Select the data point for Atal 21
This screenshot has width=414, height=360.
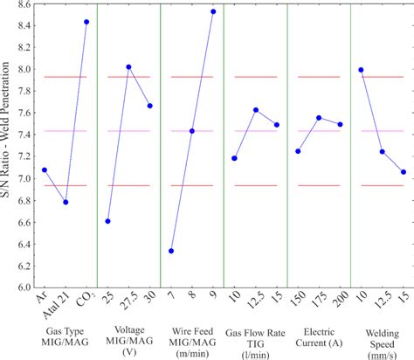click(x=66, y=202)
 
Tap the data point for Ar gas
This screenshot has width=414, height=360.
click(x=45, y=170)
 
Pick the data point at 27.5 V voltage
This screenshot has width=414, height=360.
click(x=128, y=67)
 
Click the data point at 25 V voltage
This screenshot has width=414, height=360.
click(x=107, y=221)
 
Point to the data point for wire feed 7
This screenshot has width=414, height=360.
click(x=171, y=251)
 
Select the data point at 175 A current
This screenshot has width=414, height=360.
click(x=319, y=117)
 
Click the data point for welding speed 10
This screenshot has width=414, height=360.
click(x=361, y=70)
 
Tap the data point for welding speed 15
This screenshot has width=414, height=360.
click(x=403, y=172)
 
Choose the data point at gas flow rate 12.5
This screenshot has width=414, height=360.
click(x=255, y=110)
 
